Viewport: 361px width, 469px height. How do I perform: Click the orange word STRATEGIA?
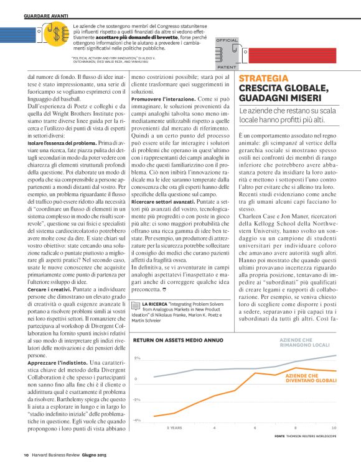[x=262, y=79]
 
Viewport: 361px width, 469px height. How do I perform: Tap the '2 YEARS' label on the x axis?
[x=174, y=428]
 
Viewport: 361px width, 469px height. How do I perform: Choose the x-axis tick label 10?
[x=334, y=428]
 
